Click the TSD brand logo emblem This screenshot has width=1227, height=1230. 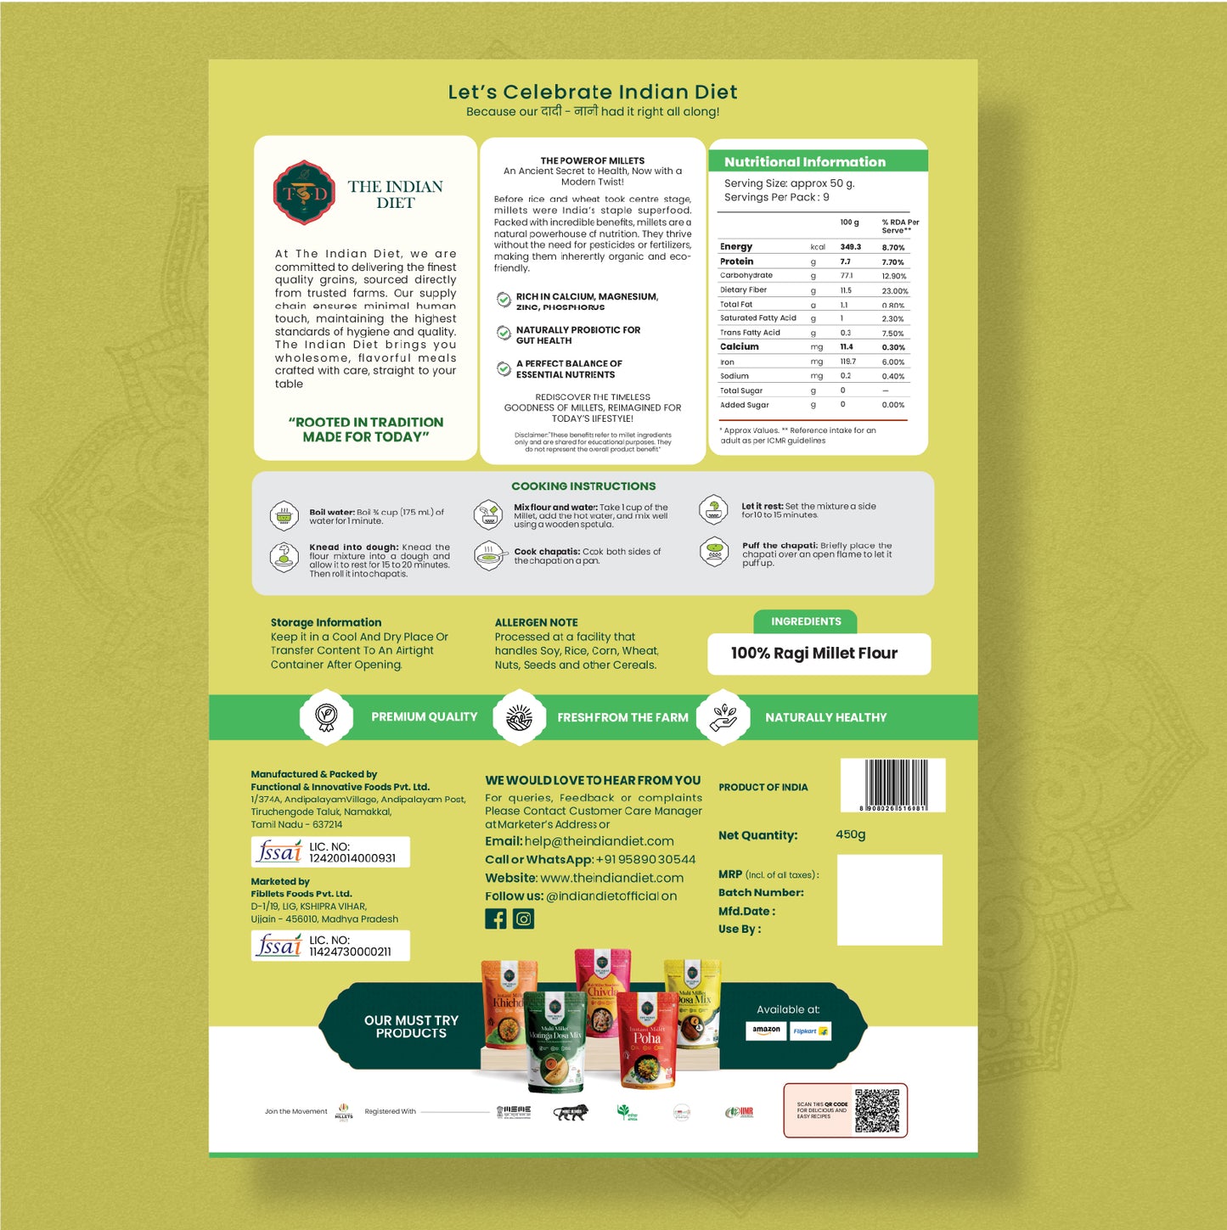[304, 193]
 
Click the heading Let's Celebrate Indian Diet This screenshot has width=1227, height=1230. [592, 92]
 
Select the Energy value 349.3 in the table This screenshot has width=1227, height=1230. [850, 247]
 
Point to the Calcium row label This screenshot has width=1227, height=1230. [739, 347]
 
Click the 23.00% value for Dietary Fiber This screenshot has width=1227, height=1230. [894, 291]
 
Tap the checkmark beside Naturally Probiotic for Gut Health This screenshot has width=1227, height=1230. [504, 333]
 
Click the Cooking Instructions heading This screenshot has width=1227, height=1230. [583, 486]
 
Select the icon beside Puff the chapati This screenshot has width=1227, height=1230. [714, 551]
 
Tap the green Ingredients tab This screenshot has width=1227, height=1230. [805, 621]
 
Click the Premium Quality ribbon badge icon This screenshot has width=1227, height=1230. [326, 717]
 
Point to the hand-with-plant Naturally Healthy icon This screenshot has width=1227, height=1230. [723, 717]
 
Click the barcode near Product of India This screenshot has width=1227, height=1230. [894, 783]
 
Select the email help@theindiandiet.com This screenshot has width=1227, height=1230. [599, 841]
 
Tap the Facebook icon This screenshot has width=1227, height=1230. [496, 918]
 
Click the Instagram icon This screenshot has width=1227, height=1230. [524, 918]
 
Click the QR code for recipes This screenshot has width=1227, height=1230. [876, 1110]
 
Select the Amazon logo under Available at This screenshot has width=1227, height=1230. [766, 1031]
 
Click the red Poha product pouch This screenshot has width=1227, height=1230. [647, 1040]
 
